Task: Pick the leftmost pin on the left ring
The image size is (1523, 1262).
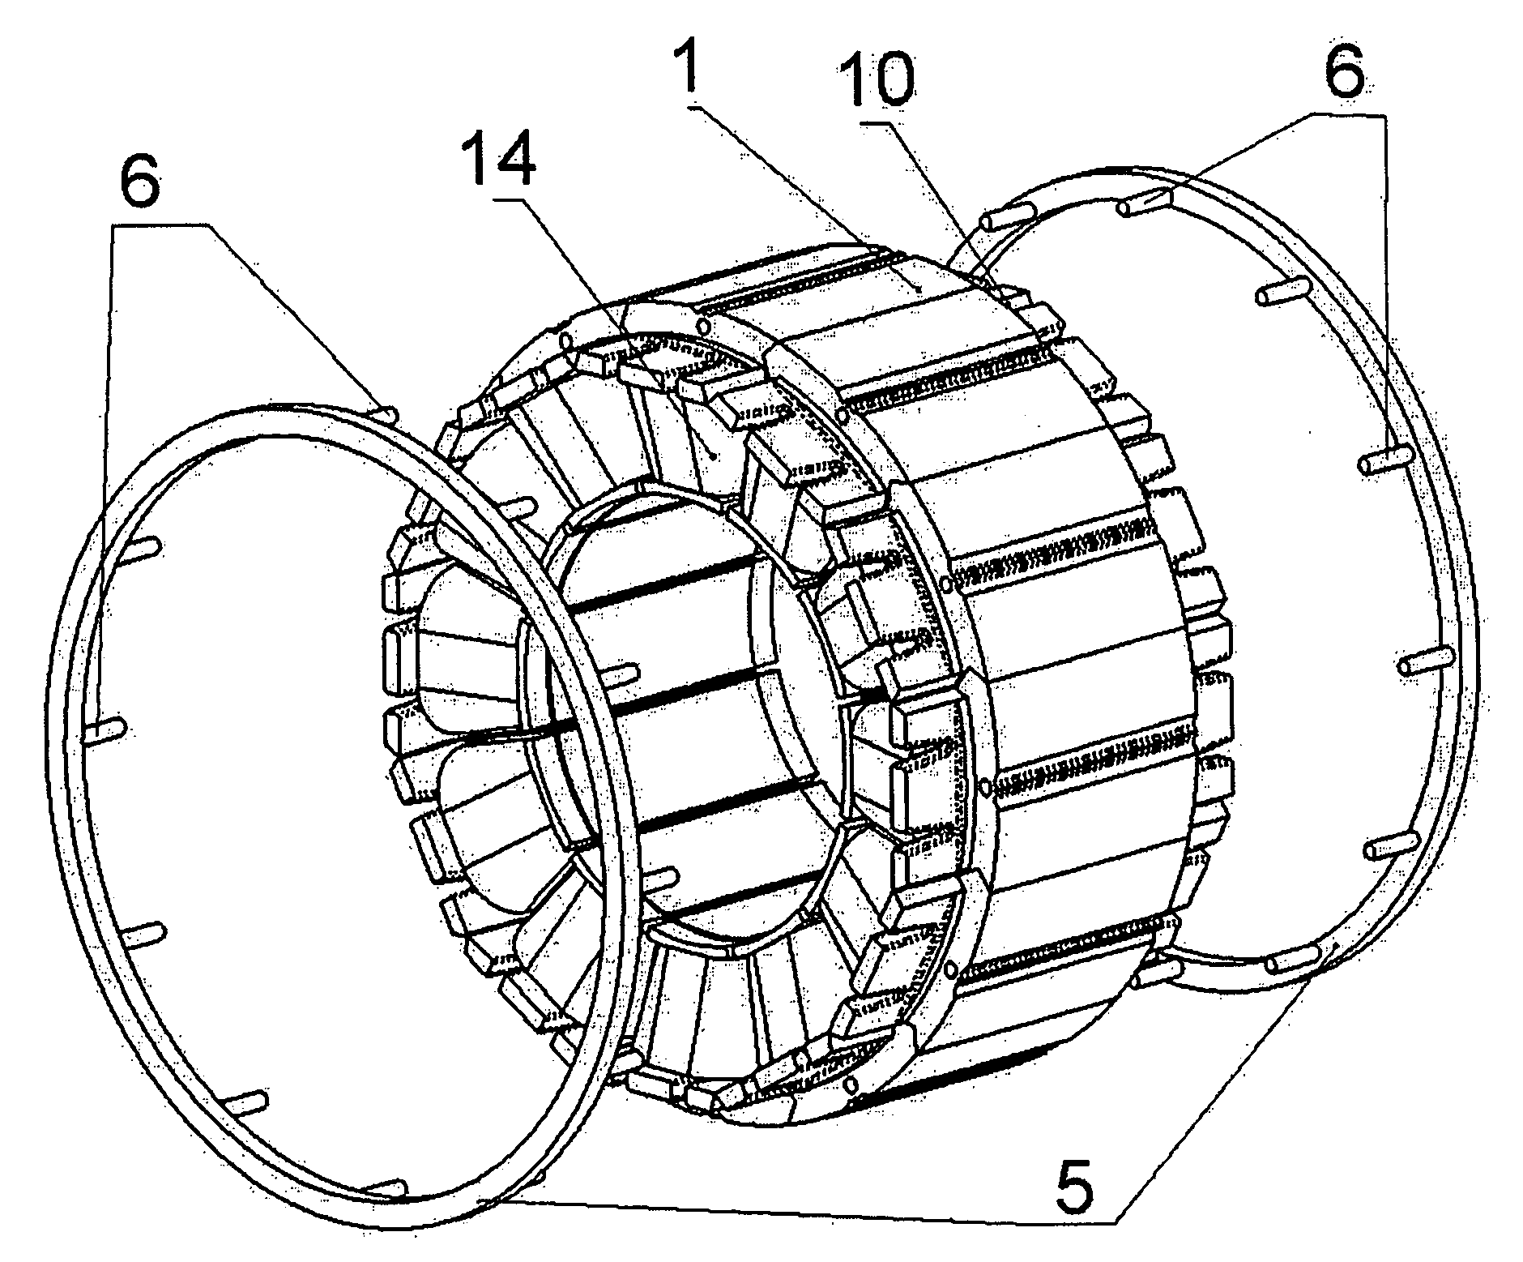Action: (104, 734)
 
